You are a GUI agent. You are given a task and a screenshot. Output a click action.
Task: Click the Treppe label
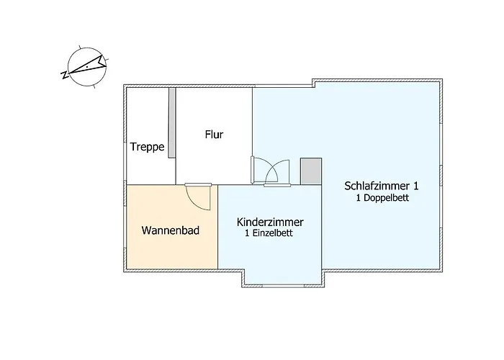point(147,147)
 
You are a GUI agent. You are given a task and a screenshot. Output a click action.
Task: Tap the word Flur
point(214,135)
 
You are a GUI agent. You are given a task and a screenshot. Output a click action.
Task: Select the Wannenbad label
point(171,230)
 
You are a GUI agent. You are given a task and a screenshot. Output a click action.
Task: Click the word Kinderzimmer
point(270,222)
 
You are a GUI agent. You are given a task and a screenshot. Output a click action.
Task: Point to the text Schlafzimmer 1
point(382,186)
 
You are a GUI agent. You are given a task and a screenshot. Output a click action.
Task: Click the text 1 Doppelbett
point(382,198)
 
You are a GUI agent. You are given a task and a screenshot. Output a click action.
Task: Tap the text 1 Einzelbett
point(269,233)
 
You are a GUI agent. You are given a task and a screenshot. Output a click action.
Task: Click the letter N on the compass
point(64,75)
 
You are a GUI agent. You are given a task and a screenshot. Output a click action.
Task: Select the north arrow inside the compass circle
point(87,66)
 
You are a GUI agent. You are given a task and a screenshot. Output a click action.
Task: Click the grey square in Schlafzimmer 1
point(311,171)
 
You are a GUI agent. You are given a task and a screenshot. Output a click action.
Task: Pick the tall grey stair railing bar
point(172,123)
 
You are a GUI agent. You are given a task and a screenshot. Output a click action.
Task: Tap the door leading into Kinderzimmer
point(277,185)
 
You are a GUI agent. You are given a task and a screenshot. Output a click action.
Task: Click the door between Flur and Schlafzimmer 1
point(252,170)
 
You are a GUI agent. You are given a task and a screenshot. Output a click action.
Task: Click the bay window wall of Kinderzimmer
point(283,286)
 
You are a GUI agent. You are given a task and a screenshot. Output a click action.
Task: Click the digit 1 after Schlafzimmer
point(416,186)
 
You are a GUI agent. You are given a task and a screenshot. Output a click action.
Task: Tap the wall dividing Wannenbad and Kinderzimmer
point(218,227)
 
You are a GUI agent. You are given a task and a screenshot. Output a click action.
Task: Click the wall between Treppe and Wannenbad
point(151,185)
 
